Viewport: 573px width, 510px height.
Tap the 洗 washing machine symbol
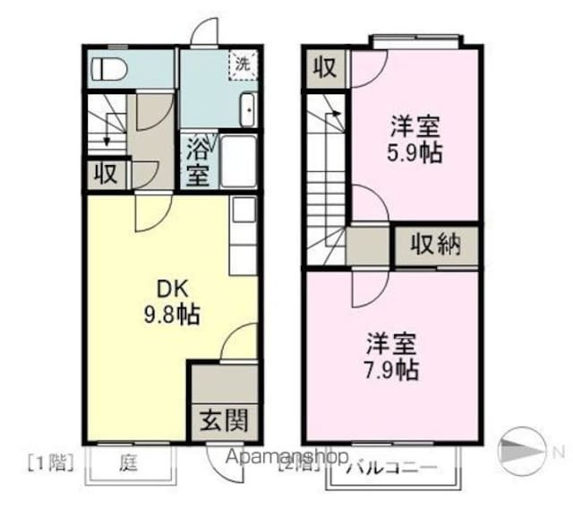[243, 64]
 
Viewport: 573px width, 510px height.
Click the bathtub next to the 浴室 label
[238, 161]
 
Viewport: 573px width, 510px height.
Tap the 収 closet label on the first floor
[106, 174]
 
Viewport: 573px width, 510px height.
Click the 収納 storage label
[435, 244]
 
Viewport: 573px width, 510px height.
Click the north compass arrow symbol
[521, 447]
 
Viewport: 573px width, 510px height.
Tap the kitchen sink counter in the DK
[244, 225]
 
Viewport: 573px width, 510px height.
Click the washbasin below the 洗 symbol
[247, 113]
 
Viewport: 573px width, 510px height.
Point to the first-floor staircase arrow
[107, 134]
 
